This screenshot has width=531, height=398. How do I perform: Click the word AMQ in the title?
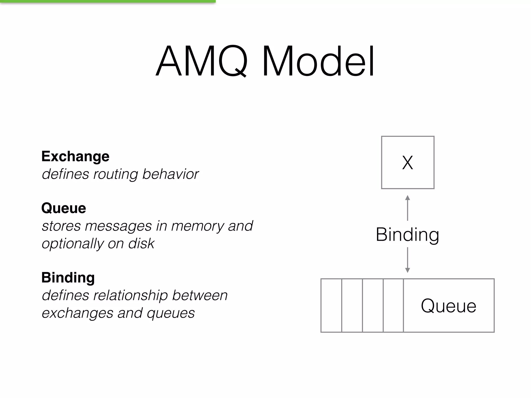click(202, 62)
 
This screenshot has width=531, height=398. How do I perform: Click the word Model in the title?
click(318, 62)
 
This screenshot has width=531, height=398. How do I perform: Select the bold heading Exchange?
click(75, 156)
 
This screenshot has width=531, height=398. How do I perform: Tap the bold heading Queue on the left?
click(64, 208)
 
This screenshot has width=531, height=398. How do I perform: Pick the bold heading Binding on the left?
click(68, 278)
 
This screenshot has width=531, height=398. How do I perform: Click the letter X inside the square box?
click(407, 163)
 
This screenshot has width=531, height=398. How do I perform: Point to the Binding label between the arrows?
click(407, 234)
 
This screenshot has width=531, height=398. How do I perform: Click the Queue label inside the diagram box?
click(448, 306)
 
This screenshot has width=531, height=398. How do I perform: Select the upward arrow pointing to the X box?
click(407, 207)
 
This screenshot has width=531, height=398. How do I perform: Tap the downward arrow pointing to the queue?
click(407, 260)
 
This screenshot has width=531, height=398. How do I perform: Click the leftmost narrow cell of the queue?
click(331, 305)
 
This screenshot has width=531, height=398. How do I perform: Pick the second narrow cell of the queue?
click(352, 305)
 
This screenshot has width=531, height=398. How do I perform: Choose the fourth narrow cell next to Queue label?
click(393, 305)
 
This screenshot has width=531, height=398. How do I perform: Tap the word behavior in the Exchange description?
click(170, 174)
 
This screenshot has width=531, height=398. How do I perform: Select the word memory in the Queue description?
click(198, 226)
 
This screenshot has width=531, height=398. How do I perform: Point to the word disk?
click(141, 244)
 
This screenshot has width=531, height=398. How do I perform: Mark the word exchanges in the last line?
click(77, 313)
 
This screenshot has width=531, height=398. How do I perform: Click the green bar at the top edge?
click(108, 1)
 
